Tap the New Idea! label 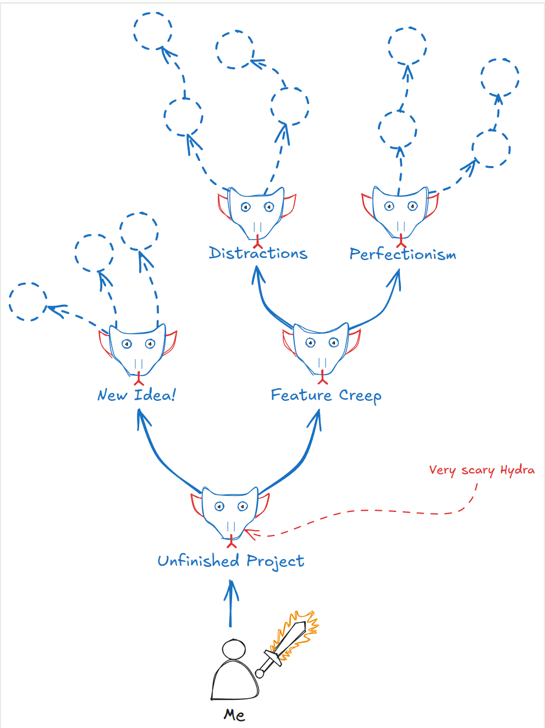pos(136,395)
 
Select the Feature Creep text pos(326,395)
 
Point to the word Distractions pos(258,253)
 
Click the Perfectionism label pos(403,254)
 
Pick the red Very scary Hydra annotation pos(482,470)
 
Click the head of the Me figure pos(234,649)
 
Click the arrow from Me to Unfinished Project pos(231,604)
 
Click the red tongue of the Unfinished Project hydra pos(231,542)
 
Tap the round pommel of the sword pos(260,674)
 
